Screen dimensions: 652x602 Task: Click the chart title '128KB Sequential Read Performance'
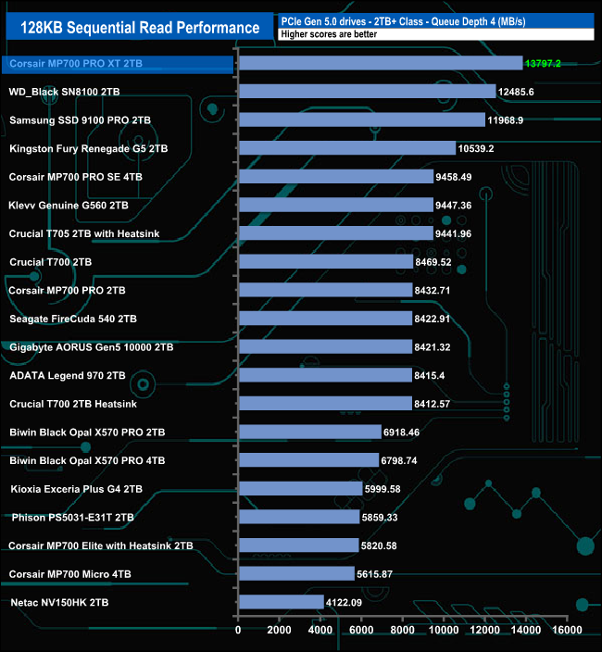pos(134,27)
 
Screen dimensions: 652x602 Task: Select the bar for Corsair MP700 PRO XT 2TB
pos(381,63)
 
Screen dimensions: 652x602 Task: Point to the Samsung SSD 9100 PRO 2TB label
pos(80,120)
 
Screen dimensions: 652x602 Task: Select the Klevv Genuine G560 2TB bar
pos(335,205)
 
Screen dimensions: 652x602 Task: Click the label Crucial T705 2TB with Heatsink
pos(83,233)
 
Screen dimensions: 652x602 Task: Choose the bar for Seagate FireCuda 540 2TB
pos(325,319)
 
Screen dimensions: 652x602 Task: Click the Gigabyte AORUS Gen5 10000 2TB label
pos(91,347)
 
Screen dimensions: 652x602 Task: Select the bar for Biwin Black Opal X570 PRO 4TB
pos(308,460)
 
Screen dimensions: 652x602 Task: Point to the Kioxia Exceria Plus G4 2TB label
pos(76,488)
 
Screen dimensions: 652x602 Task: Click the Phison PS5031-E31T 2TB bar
pos(299,517)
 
